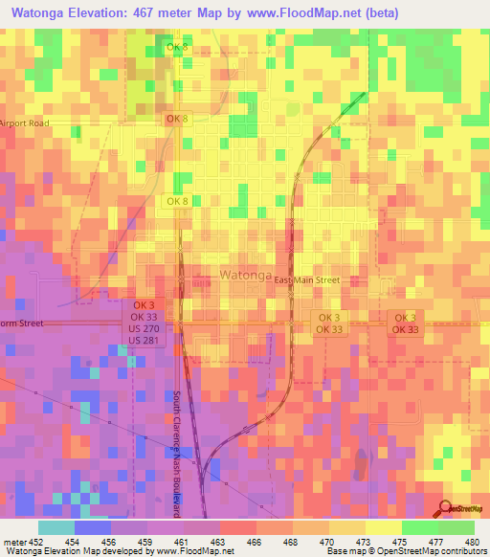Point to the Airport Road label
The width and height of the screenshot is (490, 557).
pos(25,123)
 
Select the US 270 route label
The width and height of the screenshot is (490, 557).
pos(145,328)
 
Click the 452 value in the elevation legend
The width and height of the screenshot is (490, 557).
pos(34,541)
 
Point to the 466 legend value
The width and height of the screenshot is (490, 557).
pos(255,541)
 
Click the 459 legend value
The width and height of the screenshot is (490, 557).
pos(145,541)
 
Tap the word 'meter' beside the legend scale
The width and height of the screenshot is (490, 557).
pos(13,541)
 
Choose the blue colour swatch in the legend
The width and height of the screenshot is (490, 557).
pos(93,527)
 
